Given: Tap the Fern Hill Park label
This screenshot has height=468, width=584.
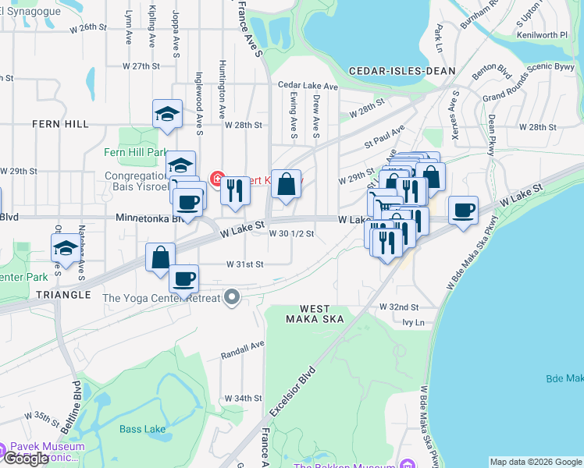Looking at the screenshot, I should [x=136, y=152].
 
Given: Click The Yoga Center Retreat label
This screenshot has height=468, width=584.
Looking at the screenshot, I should [x=161, y=297].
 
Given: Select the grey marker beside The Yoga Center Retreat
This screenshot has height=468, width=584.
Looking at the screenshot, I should [x=232, y=296].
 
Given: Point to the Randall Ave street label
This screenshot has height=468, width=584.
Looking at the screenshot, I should [x=244, y=345].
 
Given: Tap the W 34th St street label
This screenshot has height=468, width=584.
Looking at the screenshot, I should [x=244, y=398].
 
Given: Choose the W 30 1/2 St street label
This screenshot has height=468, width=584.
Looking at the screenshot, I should [x=291, y=233].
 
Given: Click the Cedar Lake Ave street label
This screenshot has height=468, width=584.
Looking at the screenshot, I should [x=308, y=86].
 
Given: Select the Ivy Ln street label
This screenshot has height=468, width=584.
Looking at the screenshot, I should [x=412, y=321].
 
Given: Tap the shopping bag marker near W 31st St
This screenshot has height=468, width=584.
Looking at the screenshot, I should [x=160, y=257].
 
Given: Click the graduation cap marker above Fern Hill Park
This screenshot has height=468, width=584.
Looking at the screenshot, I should [x=167, y=114].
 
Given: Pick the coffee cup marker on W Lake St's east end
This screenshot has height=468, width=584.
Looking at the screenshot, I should [x=464, y=209].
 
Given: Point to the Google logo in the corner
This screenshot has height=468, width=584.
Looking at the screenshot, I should [x=26, y=459].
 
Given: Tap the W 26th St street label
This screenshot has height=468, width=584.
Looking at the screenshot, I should [x=87, y=27].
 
